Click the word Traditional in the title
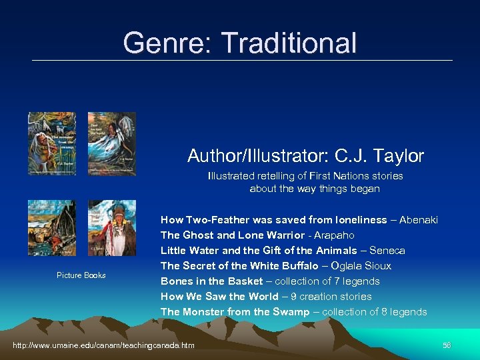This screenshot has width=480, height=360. [x=289, y=43]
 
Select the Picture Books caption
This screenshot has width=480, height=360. [x=81, y=275]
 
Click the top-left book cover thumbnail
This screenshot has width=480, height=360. [x=52, y=144]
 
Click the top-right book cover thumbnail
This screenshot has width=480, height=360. [x=111, y=144]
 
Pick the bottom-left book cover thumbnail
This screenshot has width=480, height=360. [x=52, y=228]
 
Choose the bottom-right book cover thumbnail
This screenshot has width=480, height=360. [x=111, y=228]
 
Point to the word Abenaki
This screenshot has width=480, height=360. [x=418, y=220]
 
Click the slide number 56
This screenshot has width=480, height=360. [x=447, y=345]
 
